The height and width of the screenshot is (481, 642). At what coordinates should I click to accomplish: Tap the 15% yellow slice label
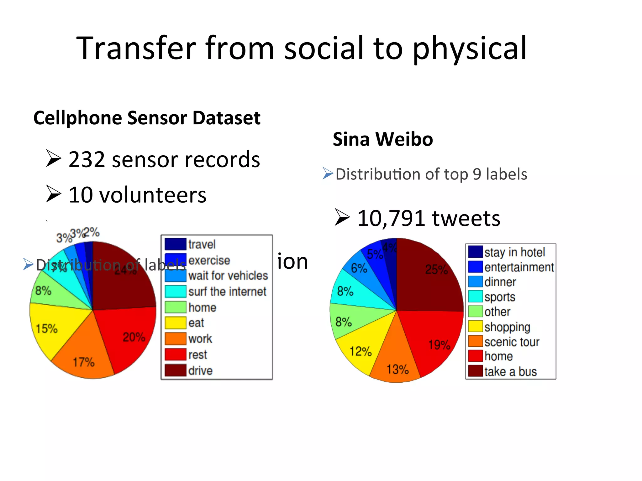(x=47, y=328)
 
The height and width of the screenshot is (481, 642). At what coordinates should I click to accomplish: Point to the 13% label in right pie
(x=397, y=369)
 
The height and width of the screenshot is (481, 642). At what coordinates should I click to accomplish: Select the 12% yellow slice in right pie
(x=360, y=351)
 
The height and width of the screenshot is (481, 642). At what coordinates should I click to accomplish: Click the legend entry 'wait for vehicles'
(x=228, y=276)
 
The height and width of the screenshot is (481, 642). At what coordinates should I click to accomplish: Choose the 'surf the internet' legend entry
(x=227, y=292)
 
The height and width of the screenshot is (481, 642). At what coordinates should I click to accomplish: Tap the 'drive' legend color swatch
(x=176, y=370)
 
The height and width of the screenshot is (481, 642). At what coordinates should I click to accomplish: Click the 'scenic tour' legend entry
(x=512, y=342)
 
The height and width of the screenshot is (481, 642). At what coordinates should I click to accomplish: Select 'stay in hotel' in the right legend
(x=514, y=252)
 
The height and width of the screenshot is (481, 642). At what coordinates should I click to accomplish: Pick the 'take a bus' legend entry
(x=510, y=371)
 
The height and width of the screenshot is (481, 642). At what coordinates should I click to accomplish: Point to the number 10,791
(x=391, y=218)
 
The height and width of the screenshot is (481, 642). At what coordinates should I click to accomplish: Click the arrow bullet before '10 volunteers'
(x=53, y=194)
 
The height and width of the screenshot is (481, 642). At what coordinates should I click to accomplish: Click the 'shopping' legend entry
(x=507, y=327)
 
